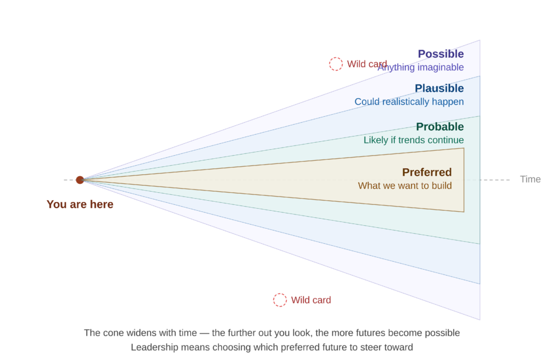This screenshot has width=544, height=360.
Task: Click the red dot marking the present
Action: point(80,180)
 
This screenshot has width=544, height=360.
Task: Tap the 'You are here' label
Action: point(80,204)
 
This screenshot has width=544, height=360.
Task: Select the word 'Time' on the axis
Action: point(530,179)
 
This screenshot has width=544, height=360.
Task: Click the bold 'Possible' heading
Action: point(440,54)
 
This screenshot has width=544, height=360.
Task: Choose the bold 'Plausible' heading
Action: point(439,88)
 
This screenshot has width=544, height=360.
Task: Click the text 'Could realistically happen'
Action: point(409,101)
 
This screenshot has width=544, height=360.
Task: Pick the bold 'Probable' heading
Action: point(440,127)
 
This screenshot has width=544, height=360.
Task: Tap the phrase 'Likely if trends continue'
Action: point(413,140)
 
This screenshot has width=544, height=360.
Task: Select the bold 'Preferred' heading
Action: point(427,172)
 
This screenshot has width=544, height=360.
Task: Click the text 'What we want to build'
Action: point(405,186)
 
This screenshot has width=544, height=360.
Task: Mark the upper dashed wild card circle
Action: point(336,64)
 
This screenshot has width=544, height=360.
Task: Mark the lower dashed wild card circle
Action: point(280,300)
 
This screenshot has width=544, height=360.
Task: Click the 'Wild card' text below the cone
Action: point(311,301)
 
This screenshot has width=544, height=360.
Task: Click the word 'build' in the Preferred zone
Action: point(441,186)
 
